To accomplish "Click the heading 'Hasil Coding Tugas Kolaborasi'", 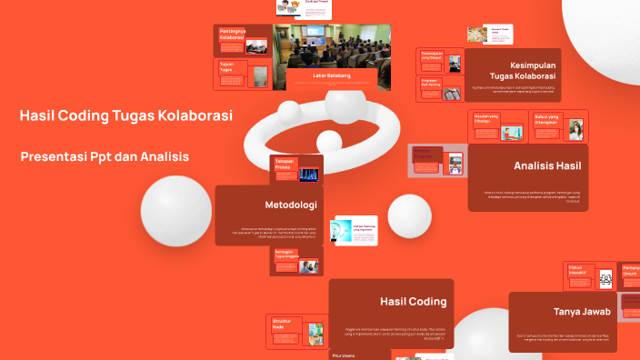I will [125, 116].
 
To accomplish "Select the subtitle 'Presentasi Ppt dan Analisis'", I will [105, 157].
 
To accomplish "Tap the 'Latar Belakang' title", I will [331, 75].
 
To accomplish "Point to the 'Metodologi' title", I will [290, 204].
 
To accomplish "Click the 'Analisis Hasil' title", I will [547, 165].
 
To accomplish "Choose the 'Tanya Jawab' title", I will [581, 312].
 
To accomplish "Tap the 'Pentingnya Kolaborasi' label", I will [235, 35].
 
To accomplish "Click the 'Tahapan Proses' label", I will [285, 165].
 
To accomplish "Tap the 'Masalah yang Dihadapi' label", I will [486, 118].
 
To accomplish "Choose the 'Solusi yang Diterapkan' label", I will [546, 118].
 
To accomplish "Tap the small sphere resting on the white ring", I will [328, 142].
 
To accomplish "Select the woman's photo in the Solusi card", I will [575, 129].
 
